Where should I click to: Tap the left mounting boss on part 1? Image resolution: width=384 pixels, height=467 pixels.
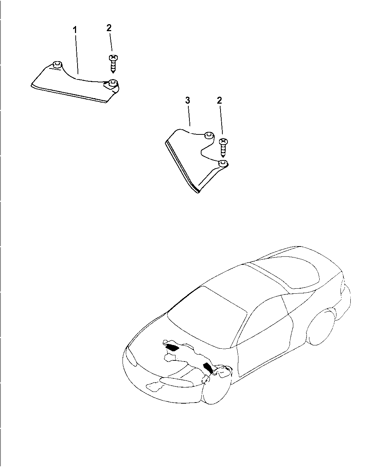pos(56,65)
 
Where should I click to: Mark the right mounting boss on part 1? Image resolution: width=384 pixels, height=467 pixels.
pos(113,83)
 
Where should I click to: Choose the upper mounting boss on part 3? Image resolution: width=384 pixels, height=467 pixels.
pos(208,135)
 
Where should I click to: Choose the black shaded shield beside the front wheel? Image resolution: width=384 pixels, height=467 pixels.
pos(208,367)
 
